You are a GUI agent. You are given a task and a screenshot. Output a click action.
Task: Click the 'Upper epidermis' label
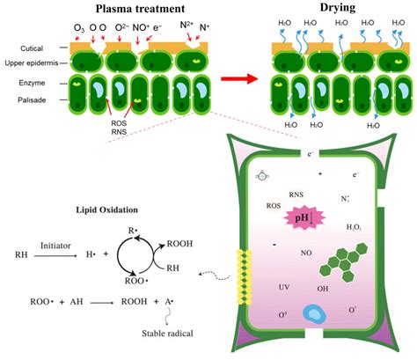[x=32, y=64]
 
